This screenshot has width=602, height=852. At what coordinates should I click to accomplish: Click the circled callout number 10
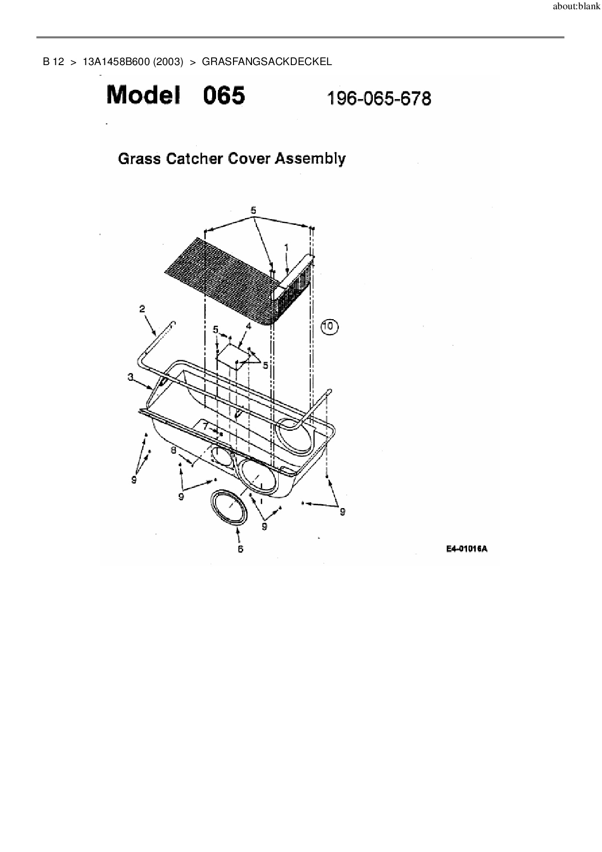tap(329, 326)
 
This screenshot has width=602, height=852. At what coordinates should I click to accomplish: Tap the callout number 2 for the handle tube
tap(142, 308)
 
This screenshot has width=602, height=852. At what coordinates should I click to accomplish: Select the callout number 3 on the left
tap(131, 376)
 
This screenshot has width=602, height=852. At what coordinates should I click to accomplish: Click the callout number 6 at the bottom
tap(240, 549)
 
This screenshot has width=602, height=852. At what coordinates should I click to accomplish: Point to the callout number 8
tap(173, 450)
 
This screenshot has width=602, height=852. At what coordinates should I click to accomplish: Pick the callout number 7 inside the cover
tap(206, 426)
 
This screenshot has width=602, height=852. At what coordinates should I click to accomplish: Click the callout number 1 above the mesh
tap(286, 247)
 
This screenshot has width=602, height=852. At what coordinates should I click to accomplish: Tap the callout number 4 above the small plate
tap(249, 326)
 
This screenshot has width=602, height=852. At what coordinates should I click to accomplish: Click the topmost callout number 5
tap(253, 210)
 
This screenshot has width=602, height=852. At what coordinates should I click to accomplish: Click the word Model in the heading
tap(143, 95)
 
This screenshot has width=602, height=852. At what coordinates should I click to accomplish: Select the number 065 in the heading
tap(224, 95)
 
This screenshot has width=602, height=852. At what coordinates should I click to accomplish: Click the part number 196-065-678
tap(379, 99)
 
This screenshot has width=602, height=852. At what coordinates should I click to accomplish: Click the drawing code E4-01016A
tap(467, 549)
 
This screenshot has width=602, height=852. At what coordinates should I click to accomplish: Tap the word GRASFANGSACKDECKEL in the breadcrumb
tap(267, 62)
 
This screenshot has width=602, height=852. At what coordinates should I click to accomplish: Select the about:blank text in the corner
tap(577, 7)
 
